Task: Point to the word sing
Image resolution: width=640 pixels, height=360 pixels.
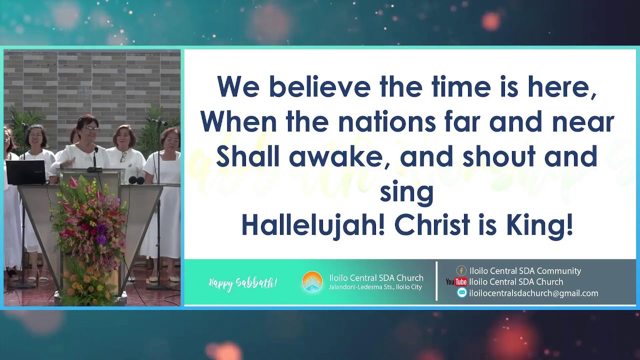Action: pos(406,192)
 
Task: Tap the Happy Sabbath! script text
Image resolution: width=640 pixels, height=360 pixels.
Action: pos(242,283)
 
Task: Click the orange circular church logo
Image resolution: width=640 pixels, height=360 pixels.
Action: pos(312,282)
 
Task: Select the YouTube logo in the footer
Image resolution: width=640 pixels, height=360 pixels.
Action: pos(456,282)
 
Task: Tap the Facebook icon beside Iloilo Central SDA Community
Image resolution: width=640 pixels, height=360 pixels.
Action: pos(461,270)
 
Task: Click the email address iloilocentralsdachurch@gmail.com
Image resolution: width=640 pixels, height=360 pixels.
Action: pos(533,293)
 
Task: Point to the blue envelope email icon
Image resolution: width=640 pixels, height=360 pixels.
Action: pos(462,293)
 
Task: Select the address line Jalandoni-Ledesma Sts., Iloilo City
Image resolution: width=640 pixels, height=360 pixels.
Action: pos(375,287)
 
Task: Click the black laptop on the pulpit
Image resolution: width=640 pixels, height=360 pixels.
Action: pos(26,172)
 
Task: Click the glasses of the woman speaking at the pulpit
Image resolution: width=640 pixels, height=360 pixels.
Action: pos(91,128)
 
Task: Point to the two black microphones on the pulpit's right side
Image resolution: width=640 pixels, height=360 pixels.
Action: pos(136,180)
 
